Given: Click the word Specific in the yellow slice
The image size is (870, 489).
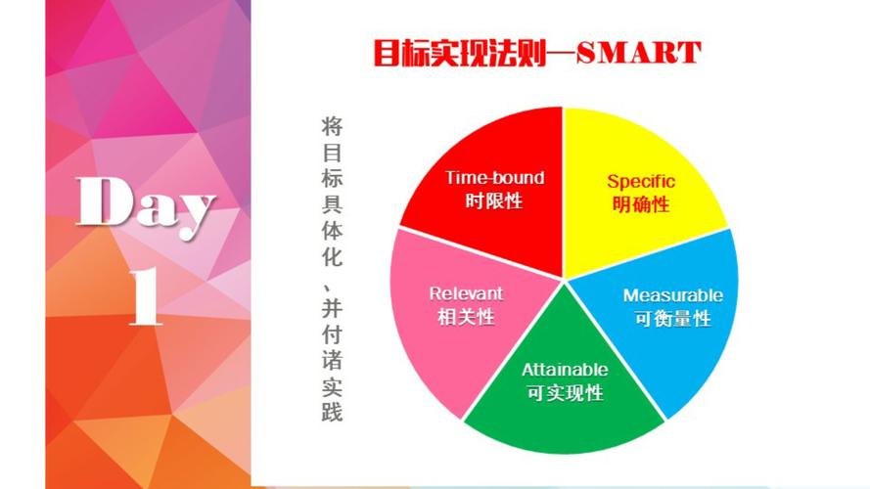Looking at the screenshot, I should pos(641,181).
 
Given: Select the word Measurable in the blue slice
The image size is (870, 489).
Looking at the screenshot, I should pos(673,295).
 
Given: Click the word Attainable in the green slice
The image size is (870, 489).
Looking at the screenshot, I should pos(565,370).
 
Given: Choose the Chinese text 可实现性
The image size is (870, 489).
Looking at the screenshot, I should pos(565,393).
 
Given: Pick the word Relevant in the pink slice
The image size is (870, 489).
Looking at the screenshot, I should pos(466,292).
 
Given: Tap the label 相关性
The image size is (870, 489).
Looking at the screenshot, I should pos(466,317).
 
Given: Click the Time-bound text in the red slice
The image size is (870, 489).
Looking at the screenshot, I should pos(494,178).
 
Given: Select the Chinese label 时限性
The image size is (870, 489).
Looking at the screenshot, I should pos(494,201).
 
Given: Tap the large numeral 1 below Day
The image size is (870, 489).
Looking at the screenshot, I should pos(147,295).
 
